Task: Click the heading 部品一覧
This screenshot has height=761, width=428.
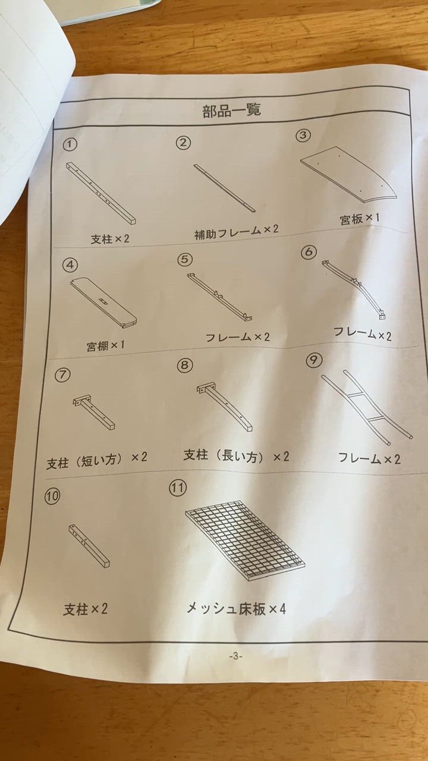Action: (232, 111)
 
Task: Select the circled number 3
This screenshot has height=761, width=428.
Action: (304, 136)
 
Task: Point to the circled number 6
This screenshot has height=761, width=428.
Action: (309, 251)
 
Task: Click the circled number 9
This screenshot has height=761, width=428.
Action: (313, 360)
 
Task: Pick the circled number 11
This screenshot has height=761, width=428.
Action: (178, 488)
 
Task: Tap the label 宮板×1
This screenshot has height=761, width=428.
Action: (360, 218)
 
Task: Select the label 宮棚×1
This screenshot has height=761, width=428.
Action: (105, 345)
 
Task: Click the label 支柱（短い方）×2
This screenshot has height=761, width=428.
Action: (97, 459)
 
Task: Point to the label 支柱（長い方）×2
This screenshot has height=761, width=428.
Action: (235, 456)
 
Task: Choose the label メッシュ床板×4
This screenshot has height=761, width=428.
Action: (237, 608)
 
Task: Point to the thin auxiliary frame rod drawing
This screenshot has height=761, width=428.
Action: (224, 187)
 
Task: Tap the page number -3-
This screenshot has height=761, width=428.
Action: (236, 656)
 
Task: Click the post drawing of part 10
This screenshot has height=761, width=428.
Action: (89, 545)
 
